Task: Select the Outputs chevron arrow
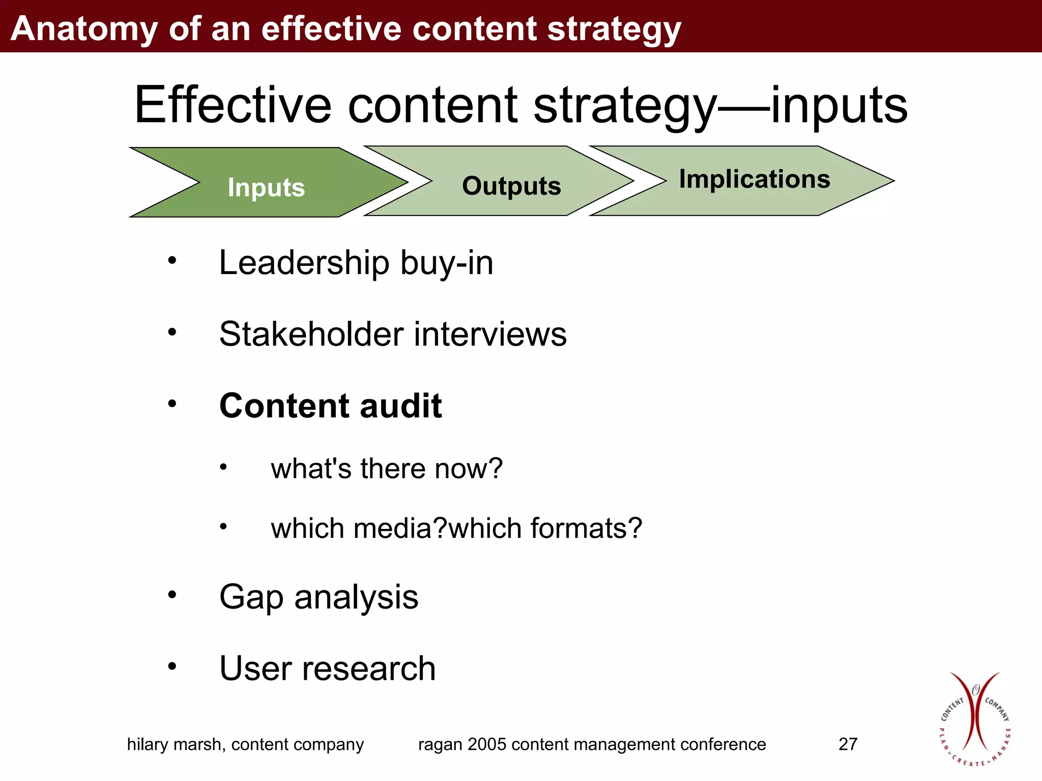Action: click(x=511, y=185)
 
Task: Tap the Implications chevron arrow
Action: click(x=754, y=179)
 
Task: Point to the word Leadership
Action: click(x=304, y=263)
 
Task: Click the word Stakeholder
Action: click(x=311, y=335)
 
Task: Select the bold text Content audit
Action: click(x=331, y=406)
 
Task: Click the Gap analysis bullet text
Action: click(x=319, y=596)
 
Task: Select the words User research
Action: click(x=328, y=668)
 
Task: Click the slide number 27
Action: click(x=848, y=744)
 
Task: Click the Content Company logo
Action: click(x=974, y=719)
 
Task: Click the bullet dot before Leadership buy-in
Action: click(x=172, y=260)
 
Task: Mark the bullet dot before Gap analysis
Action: click(x=172, y=594)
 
